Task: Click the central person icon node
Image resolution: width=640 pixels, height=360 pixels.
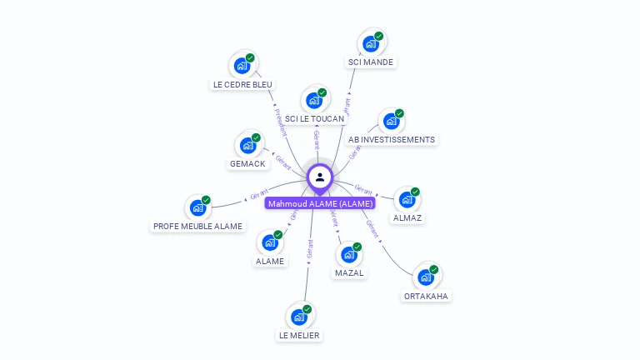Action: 320,177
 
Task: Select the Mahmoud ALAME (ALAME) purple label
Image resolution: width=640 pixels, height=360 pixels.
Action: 320,202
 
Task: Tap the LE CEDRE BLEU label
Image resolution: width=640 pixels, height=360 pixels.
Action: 242,84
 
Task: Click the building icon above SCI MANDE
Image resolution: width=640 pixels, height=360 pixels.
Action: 369,43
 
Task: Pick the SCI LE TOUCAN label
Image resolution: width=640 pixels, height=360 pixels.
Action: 314,119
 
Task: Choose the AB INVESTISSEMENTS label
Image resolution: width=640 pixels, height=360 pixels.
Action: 391,139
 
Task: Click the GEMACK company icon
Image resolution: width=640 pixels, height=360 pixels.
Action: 247,145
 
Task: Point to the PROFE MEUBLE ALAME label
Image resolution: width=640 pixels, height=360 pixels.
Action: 198,226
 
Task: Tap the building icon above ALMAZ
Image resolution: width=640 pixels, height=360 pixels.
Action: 407,200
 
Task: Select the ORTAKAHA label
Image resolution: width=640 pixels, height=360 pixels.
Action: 427,296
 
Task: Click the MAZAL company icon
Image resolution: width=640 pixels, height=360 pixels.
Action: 349,254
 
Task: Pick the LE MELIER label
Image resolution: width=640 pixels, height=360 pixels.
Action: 299,335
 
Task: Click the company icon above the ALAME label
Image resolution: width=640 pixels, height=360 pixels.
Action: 269,242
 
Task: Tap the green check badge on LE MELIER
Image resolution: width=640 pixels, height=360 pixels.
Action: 307,309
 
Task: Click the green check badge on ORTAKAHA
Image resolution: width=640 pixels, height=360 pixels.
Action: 434,268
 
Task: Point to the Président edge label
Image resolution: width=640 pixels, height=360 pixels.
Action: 281,120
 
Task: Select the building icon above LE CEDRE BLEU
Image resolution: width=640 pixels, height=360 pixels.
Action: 242,66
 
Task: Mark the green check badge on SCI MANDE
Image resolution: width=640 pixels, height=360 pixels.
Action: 378,37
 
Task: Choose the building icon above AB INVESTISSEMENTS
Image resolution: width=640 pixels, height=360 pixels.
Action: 391,122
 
